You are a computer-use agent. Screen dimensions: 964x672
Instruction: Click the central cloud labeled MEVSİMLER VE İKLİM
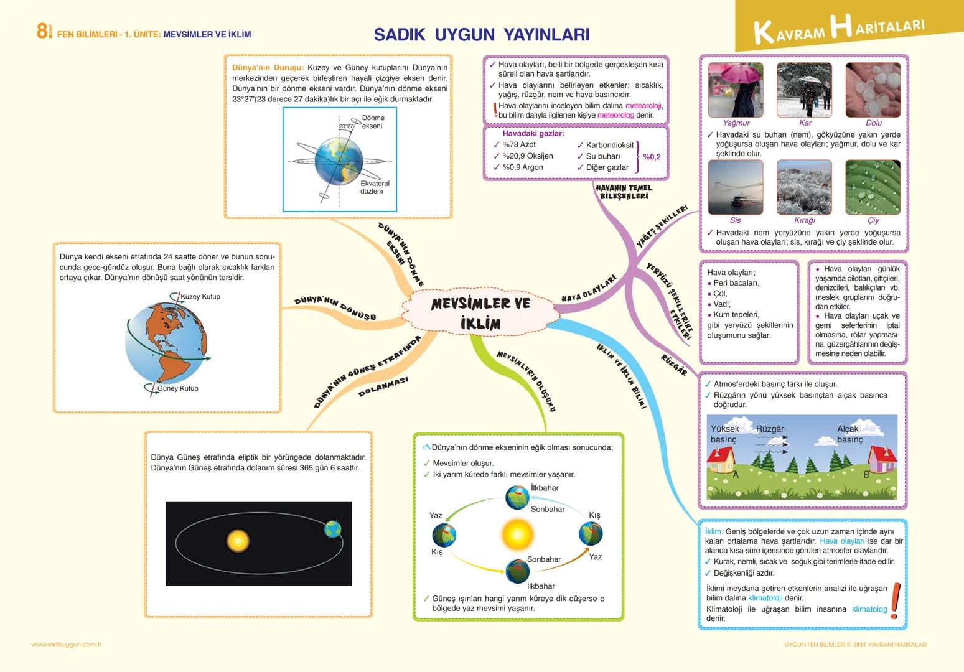click(480, 312)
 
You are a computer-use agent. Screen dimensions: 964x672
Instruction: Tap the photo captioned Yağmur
click(736, 90)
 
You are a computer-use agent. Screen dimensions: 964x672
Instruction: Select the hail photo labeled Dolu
click(873, 90)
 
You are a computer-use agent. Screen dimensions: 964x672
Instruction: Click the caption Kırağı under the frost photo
click(804, 220)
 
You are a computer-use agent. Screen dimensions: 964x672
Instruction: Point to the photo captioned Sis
click(736, 187)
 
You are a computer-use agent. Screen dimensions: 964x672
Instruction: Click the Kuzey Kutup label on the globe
click(200, 296)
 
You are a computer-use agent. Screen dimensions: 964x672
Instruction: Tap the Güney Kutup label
click(178, 388)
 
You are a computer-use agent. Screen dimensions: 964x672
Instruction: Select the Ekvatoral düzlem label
click(375, 187)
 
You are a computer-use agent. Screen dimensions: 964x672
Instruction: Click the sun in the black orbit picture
click(238, 541)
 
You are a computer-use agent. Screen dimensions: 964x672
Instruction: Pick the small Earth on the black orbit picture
click(333, 529)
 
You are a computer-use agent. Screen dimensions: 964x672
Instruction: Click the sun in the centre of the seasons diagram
click(517, 534)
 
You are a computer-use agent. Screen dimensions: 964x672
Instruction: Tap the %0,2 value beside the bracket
click(652, 157)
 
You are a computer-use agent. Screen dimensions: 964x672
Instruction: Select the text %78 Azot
click(519, 144)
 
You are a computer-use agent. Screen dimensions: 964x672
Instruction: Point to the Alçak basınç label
click(849, 434)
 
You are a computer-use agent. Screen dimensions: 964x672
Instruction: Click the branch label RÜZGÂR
click(675, 365)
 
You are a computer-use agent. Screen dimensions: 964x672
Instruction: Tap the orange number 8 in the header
click(42, 31)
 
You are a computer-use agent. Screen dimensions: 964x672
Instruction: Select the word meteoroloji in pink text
click(643, 105)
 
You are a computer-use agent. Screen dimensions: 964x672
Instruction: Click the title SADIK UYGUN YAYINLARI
click(482, 34)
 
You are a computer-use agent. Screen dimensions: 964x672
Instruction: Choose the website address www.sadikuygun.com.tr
click(66, 645)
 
